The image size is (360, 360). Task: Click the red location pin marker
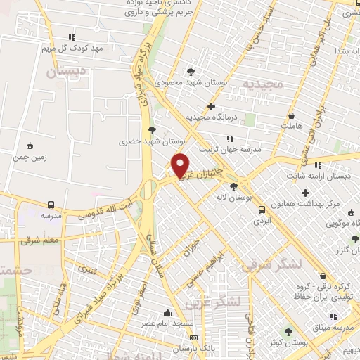(x=181, y=165)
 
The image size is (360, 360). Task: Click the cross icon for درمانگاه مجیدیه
(x=211, y=106)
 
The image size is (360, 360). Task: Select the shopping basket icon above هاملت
(x=292, y=115)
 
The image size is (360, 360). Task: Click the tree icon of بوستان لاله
(x=233, y=187)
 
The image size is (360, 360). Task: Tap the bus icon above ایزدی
(x=262, y=209)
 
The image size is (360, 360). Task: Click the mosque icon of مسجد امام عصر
(x=167, y=312)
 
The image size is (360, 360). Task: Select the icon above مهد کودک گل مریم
(x=72, y=38)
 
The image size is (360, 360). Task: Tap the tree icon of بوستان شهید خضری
(x=152, y=129)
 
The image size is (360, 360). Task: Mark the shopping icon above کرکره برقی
(x=323, y=276)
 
